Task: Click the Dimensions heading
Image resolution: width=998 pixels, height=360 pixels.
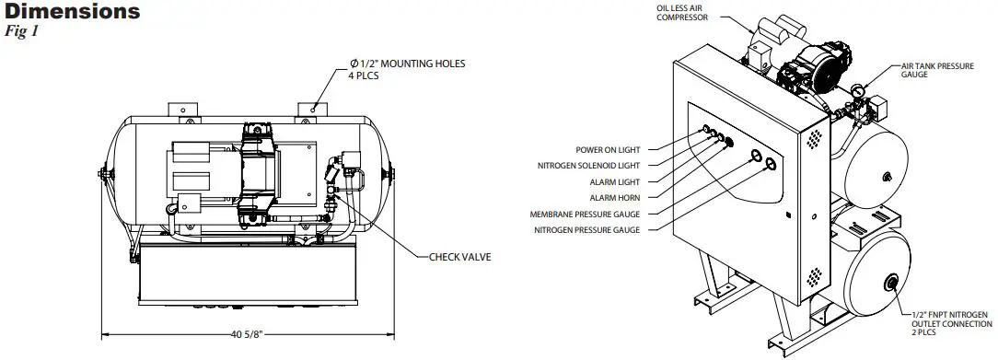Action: tap(71, 13)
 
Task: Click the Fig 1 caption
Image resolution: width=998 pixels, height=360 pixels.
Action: tap(24, 30)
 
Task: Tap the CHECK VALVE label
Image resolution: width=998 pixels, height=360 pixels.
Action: tap(460, 256)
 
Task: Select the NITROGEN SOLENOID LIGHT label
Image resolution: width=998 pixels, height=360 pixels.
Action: tap(589, 165)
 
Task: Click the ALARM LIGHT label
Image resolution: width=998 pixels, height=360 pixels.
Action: tap(616, 181)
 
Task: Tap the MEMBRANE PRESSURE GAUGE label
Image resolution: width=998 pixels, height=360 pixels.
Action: tap(586, 215)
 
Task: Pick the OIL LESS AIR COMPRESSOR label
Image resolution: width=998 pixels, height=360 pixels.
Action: tap(682, 13)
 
